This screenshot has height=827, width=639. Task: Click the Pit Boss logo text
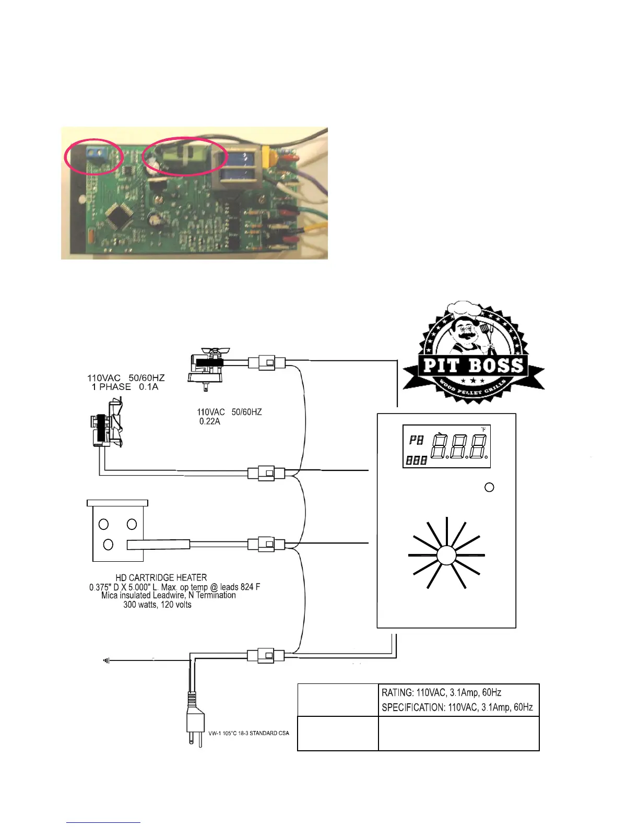coord(473,365)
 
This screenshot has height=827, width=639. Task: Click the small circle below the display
coord(489,487)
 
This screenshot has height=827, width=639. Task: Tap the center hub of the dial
coord(446,555)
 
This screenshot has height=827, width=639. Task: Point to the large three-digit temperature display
coord(459,447)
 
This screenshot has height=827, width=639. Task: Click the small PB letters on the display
coord(417,441)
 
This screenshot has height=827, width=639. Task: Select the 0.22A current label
coord(210,421)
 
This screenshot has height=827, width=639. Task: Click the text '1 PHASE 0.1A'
coord(125,387)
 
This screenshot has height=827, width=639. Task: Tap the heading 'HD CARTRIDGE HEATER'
coord(161,577)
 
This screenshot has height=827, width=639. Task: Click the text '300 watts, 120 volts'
coord(157,605)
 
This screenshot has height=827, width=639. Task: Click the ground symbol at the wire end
coord(106,660)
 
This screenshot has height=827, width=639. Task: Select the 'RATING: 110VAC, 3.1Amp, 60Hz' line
coord(442,693)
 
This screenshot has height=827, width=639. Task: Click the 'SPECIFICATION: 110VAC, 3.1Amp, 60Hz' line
coord(457,707)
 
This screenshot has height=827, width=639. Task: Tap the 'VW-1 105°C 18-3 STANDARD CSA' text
coord(249,733)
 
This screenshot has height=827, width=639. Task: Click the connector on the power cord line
coord(266,655)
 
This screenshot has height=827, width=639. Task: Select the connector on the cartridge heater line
coord(266,545)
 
